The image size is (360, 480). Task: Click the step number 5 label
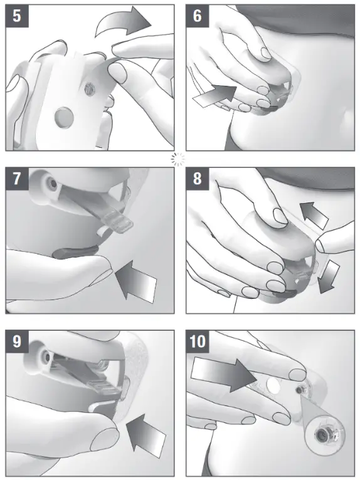coord(16,16)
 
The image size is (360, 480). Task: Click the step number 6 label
coord(198,16)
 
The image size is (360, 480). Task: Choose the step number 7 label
coord(16,178)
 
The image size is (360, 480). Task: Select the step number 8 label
coord(198,178)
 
